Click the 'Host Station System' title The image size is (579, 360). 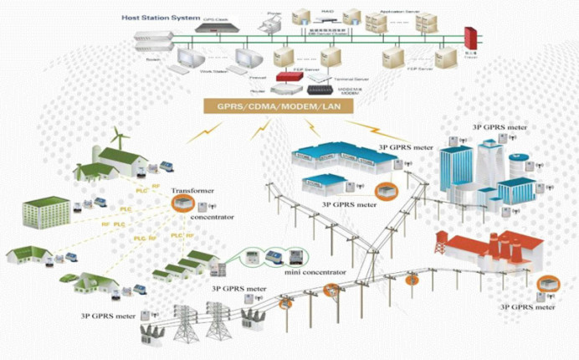[x=160, y=17]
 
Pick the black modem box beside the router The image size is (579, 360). [x=319, y=89]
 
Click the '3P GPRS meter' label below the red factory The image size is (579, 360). [x=527, y=307]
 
